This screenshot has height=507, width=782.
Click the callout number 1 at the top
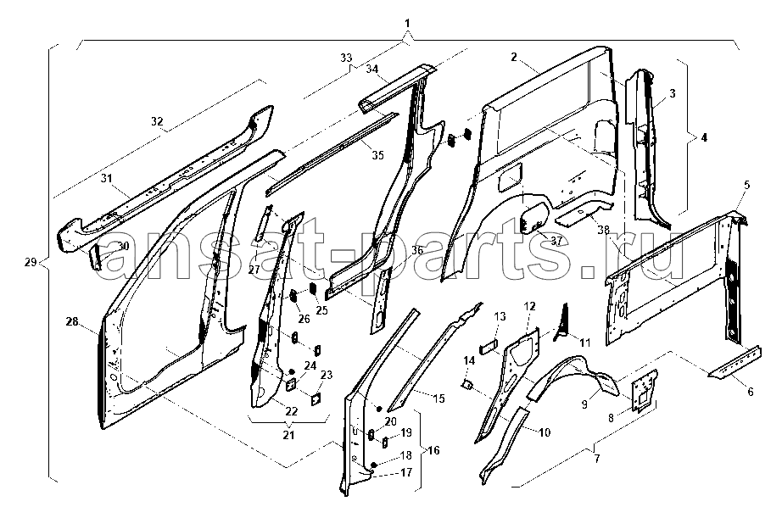(x=408, y=22)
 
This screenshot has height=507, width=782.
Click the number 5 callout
(x=746, y=184)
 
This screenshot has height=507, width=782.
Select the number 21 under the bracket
(x=288, y=436)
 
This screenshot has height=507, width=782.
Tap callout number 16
(x=433, y=450)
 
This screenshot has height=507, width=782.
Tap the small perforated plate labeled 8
(x=645, y=387)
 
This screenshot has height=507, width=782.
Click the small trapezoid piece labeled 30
(x=96, y=253)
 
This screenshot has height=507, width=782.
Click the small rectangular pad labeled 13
(x=488, y=345)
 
